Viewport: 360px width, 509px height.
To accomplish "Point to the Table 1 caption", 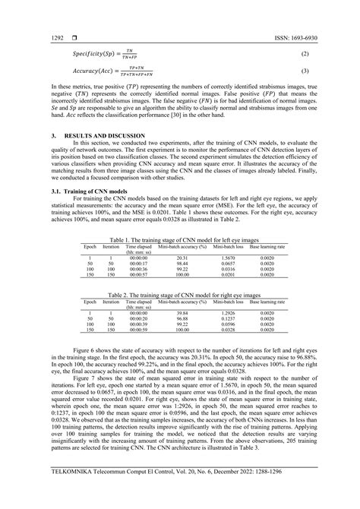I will click(x=179, y=261).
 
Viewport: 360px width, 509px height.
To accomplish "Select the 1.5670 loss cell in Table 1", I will click(x=227, y=279).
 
